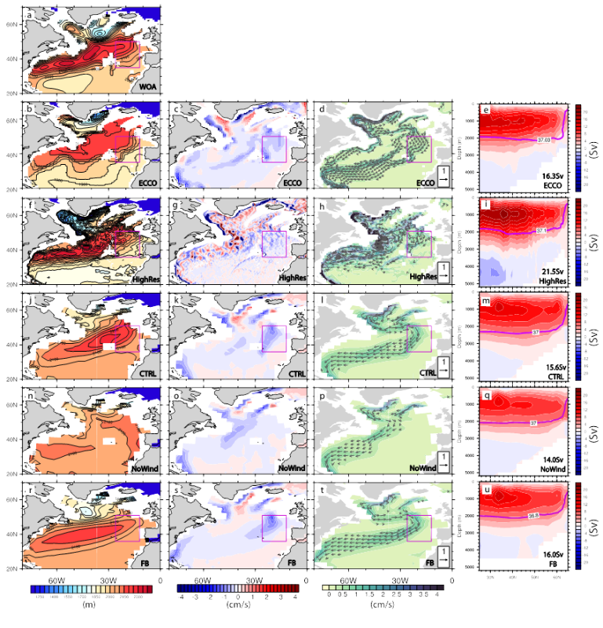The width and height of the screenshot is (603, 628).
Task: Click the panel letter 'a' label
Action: (29, 14)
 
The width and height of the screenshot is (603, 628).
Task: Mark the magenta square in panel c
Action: (274, 148)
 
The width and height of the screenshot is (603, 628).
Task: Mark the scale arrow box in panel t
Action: (443, 557)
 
